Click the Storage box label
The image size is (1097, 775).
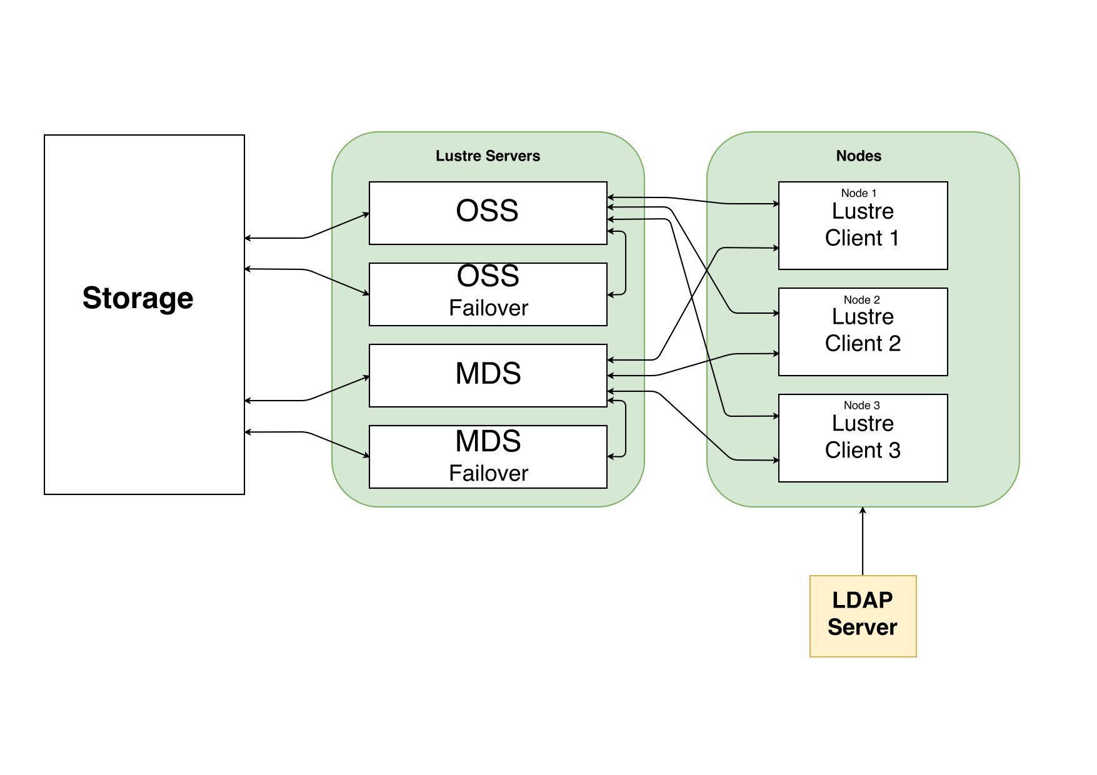coord(138,298)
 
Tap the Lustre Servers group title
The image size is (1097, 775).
coord(488,156)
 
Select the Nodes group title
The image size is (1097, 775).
coord(859,156)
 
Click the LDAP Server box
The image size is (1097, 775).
coord(863,616)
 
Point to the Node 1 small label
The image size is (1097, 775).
coord(859,193)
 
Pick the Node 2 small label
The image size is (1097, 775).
coord(861,300)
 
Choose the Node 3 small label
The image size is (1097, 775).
coord(861,406)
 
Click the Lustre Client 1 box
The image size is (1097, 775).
coord(863,226)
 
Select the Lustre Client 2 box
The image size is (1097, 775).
coord(863,332)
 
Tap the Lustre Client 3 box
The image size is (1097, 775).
coord(863,438)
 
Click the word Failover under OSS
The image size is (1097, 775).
coord(488,308)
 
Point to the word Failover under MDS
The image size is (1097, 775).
coord(488,474)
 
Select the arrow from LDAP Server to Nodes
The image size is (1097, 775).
coord(863,541)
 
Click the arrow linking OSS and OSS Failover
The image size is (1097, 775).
coord(626,262)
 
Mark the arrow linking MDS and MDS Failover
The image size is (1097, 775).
coord(626,428)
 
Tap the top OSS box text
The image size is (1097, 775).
coord(488,211)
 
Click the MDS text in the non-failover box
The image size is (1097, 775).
coord(488,374)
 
